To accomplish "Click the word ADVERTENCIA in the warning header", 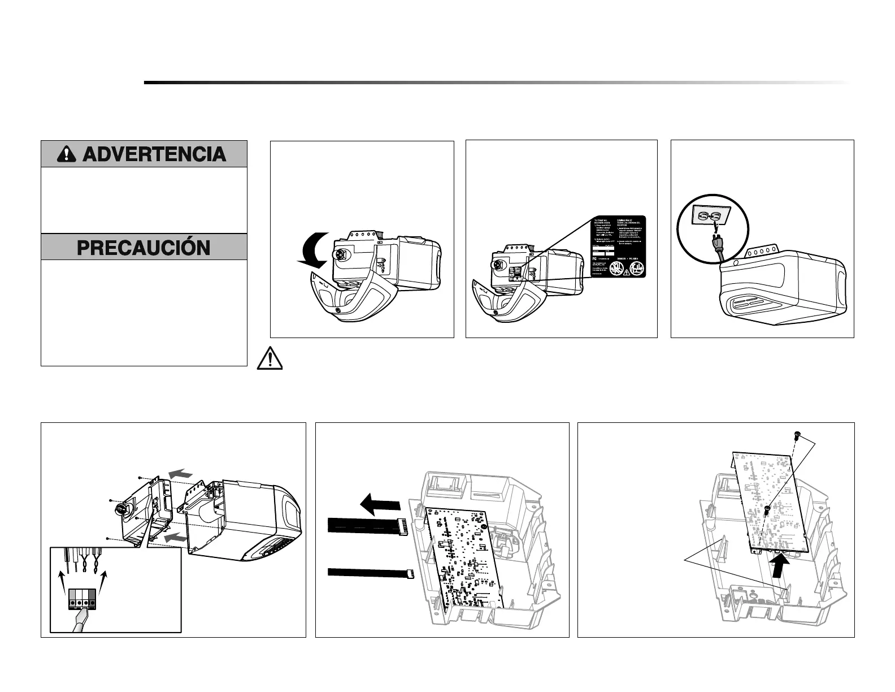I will click(x=154, y=154).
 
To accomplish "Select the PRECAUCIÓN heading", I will click(x=144, y=248).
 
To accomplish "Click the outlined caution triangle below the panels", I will click(x=271, y=359).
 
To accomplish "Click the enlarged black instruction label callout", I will click(x=618, y=246).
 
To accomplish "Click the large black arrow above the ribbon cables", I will click(x=379, y=503).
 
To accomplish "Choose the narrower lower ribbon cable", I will click(x=367, y=573).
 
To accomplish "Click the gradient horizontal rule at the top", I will click(x=496, y=83).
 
